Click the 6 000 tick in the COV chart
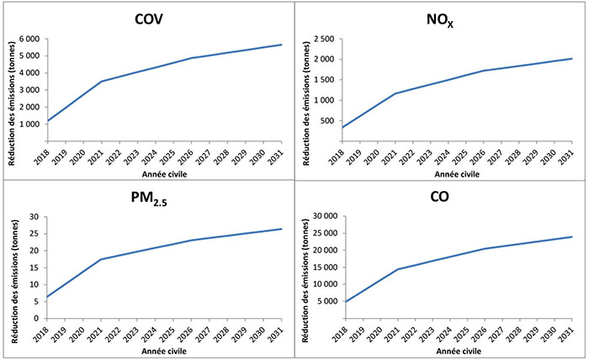click(x=29, y=40)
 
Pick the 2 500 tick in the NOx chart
click(x=322, y=40)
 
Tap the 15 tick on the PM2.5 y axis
click(x=34, y=267)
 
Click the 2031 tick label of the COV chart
click(x=279, y=154)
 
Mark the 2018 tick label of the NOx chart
click(x=342, y=154)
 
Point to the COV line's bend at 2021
click(x=101, y=82)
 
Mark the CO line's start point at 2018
click(x=343, y=302)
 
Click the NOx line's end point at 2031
click(x=572, y=59)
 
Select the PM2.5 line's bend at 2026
click(x=192, y=241)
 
